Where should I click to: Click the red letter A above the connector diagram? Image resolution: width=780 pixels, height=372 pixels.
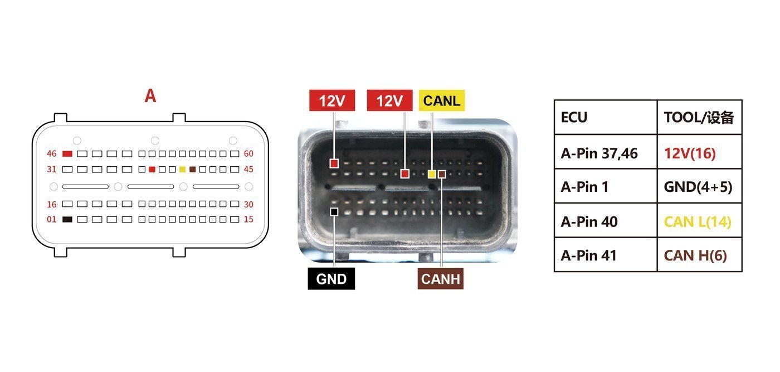150,96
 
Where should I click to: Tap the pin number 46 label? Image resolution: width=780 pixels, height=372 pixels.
51,154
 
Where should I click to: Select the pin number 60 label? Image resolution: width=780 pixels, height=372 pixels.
248,154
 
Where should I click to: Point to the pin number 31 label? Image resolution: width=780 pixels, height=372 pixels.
51,170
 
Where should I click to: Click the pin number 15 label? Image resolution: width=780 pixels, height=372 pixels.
248,219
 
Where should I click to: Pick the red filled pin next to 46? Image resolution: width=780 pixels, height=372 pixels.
67,154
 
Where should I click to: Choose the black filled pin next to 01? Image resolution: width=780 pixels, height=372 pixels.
67,220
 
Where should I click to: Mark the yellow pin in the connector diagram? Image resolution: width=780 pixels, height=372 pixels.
183,170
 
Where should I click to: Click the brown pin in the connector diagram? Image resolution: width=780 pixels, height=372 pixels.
193,170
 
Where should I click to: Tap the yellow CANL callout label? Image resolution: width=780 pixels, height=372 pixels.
441,100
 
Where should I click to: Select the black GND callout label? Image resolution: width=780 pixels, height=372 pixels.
331,278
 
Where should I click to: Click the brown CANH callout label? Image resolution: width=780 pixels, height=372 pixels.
441,278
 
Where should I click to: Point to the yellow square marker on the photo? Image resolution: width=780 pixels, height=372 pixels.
432,173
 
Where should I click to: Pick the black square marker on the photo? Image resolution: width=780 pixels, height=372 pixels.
334,211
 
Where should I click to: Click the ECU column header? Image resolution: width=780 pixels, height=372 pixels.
574,117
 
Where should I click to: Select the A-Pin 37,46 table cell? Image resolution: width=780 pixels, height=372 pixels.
599,153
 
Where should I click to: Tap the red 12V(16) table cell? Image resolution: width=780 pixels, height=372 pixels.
690,153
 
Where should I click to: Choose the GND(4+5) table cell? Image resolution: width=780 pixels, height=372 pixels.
698,187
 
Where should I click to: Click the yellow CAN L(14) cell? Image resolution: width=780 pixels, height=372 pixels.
698,222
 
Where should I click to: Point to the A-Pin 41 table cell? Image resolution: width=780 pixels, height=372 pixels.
588,255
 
